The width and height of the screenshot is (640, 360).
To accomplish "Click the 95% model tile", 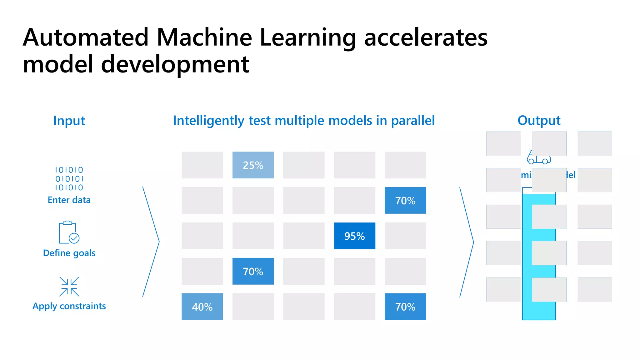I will [354, 236].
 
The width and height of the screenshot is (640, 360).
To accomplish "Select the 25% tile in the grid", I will [253, 165].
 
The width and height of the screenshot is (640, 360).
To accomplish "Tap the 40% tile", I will [202, 307].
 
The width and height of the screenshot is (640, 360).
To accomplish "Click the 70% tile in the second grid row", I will [405, 200].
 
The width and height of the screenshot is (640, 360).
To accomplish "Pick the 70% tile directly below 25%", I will [253, 271].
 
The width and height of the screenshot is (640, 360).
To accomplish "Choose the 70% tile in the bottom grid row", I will [405, 307].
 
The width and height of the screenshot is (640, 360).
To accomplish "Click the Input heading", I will [69, 121].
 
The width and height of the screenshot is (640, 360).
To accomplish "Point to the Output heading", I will [539, 120].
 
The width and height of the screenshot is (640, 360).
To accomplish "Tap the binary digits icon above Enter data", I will [69, 179].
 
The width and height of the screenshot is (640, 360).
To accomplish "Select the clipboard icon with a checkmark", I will [69, 232].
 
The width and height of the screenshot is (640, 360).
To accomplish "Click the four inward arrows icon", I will [69, 286].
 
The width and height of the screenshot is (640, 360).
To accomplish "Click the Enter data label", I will [69, 200].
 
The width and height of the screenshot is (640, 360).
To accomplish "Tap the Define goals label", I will [69, 253].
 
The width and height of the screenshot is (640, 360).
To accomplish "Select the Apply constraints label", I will [69, 306].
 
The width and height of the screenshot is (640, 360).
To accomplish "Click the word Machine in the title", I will [204, 37].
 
